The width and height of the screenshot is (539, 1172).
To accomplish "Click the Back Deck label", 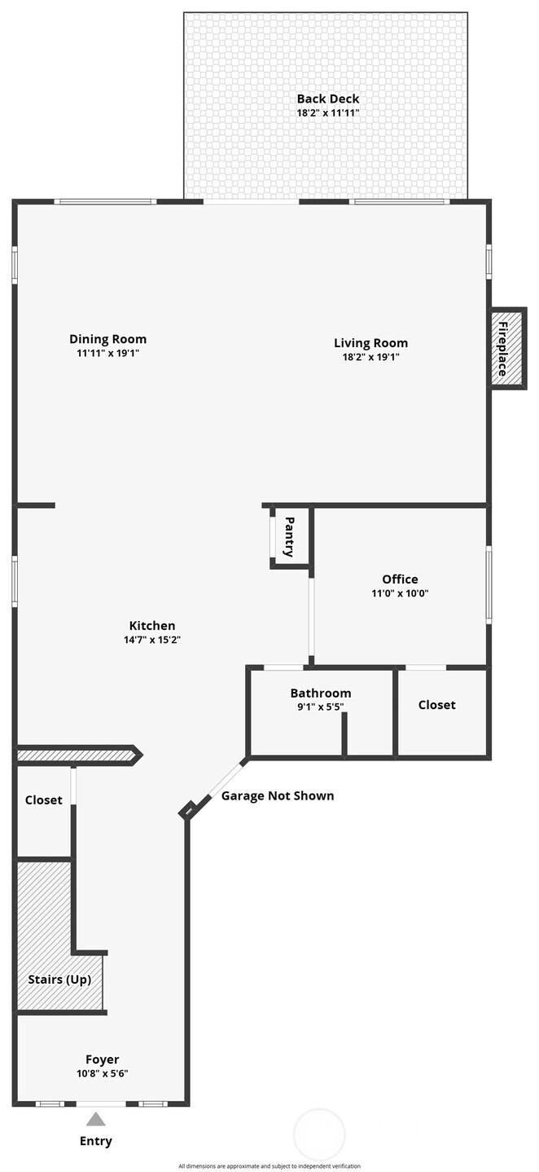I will (x=327, y=99).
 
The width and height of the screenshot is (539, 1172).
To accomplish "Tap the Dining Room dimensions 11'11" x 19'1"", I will (x=107, y=353).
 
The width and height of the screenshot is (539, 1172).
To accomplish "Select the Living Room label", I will (x=370, y=342).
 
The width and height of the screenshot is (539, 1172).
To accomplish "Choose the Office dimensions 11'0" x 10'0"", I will (x=400, y=593).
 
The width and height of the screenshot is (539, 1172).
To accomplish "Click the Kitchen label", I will (x=152, y=626).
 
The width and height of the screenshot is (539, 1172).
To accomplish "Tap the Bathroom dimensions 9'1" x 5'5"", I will (x=321, y=707).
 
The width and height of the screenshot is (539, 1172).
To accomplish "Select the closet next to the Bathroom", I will (x=437, y=705).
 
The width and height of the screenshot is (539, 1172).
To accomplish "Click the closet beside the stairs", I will (x=43, y=800).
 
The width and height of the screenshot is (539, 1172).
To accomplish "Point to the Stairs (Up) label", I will (x=59, y=979).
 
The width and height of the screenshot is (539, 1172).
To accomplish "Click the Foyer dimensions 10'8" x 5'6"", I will (x=103, y=1073).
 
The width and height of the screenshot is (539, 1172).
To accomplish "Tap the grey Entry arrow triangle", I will (x=96, y=1119).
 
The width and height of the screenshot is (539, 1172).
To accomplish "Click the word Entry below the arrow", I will (x=96, y=1141).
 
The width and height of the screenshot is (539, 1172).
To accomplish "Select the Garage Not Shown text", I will (x=278, y=795).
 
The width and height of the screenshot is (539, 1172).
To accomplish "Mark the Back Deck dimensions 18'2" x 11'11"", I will (x=327, y=113).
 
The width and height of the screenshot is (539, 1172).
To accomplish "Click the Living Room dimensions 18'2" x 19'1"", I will (x=370, y=356).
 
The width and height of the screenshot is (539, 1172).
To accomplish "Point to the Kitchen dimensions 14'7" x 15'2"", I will (x=152, y=640).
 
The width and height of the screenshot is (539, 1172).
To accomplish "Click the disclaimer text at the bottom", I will (x=269, y=1166).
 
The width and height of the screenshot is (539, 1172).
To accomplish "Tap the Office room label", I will (x=400, y=579).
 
